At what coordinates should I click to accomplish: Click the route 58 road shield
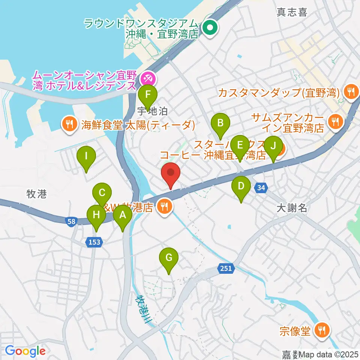tap(71, 222)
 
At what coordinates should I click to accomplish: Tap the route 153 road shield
tap(94, 242)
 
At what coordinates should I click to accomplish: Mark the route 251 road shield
tap(226, 268)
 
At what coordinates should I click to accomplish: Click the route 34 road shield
tap(261, 187)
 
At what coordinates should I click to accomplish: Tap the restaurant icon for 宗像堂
tap(322, 330)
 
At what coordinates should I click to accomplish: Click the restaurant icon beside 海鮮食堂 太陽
tap(69, 123)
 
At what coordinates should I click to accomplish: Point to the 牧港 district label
tap(37, 194)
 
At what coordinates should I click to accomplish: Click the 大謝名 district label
tap(292, 208)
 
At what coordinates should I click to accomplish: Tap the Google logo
tap(25, 351)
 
